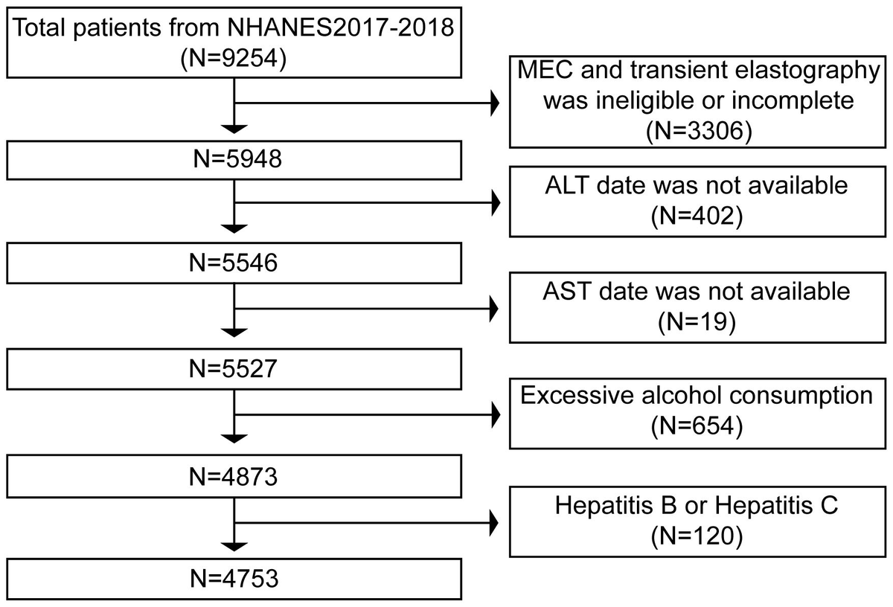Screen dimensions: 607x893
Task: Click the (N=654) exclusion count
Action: tap(697, 426)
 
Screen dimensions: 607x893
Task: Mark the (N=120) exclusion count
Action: tap(697, 534)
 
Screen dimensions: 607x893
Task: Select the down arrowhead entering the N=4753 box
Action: tap(234, 547)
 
